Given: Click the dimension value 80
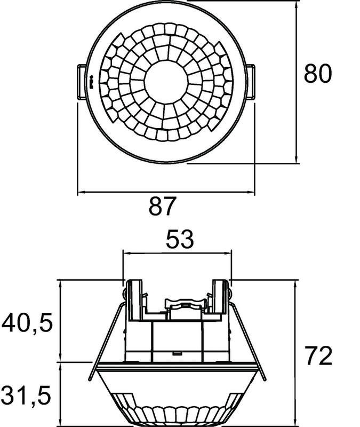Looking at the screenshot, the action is click(x=317, y=73).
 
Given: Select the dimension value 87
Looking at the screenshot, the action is click(x=163, y=205).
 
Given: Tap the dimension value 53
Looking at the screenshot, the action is click(x=180, y=239).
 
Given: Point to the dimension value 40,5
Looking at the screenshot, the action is click(x=27, y=323).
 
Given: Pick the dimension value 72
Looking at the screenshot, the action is click(x=318, y=355).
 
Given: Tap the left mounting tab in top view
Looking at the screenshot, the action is click(x=83, y=81).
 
